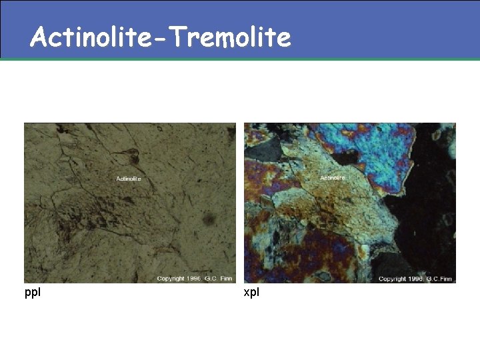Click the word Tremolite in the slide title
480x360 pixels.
tap(230, 37)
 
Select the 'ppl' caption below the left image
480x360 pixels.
tap(32, 293)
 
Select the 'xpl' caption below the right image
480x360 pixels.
tap(251, 293)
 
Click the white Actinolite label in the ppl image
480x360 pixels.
tap(129, 179)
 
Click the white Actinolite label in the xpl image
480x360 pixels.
tap(333, 178)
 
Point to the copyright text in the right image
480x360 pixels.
tap(415, 279)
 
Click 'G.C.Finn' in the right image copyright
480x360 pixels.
tap(439, 279)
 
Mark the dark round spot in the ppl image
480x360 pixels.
tap(209, 219)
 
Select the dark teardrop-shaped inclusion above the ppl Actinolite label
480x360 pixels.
tap(131, 157)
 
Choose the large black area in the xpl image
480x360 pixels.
tap(427, 213)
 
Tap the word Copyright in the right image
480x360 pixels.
tap(392, 279)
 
